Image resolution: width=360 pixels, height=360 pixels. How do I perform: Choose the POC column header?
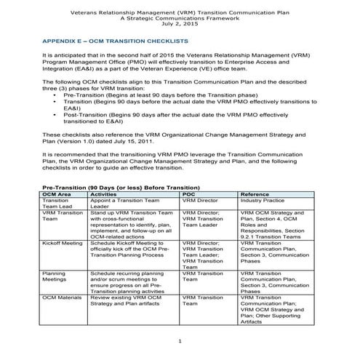point(188,195)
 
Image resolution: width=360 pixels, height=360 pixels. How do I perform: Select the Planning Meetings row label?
point(56,277)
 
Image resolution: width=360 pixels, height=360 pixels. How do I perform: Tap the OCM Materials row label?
point(63,297)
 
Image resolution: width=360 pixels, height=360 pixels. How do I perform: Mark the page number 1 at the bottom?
point(180,341)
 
